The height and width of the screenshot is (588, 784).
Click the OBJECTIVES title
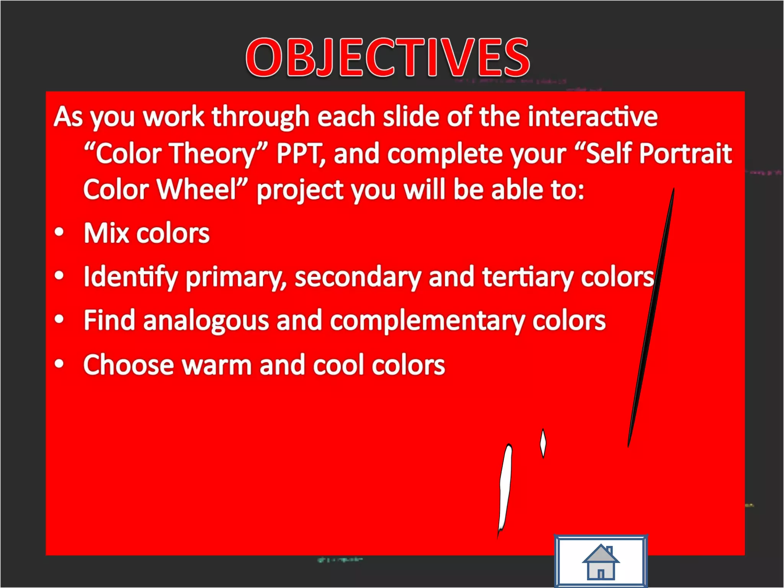(387, 57)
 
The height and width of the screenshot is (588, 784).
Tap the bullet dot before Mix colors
(59, 232)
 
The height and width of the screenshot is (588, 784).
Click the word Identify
(131, 277)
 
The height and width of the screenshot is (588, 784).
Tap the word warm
(216, 365)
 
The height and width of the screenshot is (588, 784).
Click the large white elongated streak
(505, 490)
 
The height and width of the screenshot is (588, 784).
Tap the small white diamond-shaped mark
(543, 443)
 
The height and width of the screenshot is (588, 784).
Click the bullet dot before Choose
(59, 363)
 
